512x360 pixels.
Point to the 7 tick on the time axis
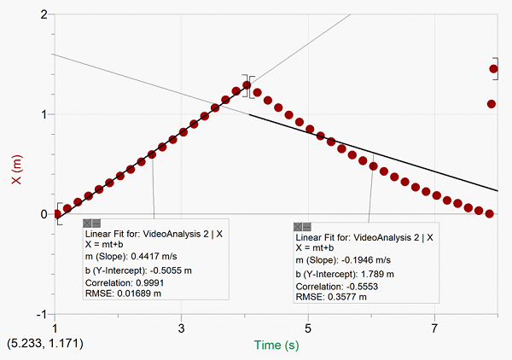(x=434, y=328)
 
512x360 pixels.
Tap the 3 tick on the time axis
(x=182, y=328)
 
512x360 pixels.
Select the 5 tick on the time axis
(x=308, y=328)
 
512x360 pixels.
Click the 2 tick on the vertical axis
(x=44, y=15)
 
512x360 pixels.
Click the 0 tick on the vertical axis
(x=44, y=214)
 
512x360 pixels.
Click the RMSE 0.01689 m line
(x=122, y=293)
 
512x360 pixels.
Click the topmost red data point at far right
(x=494, y=69)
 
